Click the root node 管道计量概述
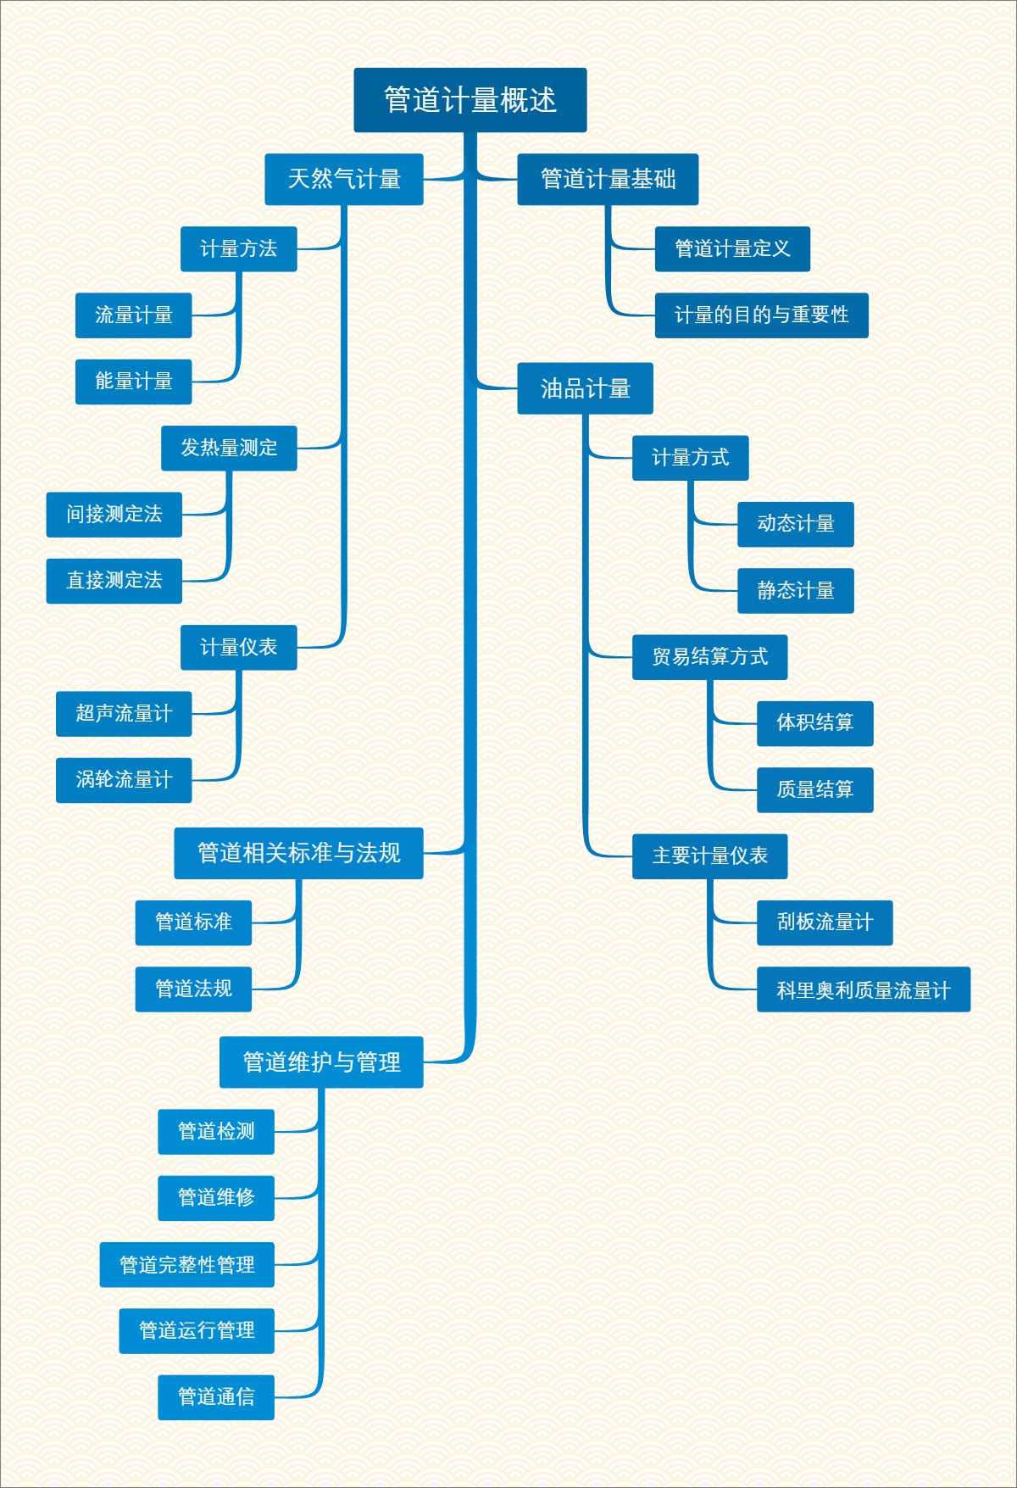(x=470, y=100)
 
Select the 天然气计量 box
(x=344, y=179)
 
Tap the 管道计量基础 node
(x=608, y=179)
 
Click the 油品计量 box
(x=585, y=388)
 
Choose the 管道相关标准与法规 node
(x=298, y=853)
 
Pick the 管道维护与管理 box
(x=321, y=1062)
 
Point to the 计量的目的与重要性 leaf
(x=761, y=315)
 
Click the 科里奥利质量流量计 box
(x=863, y=989)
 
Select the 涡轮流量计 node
(x=124, y=780)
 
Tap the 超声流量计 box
(x=124, y=714)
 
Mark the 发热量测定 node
(x=229, y=448)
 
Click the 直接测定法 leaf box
(x=114, y=581)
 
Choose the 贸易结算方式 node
(x=709, y=657)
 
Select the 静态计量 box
(x=795, y=591)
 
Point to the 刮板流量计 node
(x=824, y=922)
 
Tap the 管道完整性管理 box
(x=186, y=1265)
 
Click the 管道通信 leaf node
(x=216, y=1397)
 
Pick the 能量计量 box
(x=133, y=382)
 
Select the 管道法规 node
(x=193, y=989)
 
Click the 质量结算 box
(x=814, y=790)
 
